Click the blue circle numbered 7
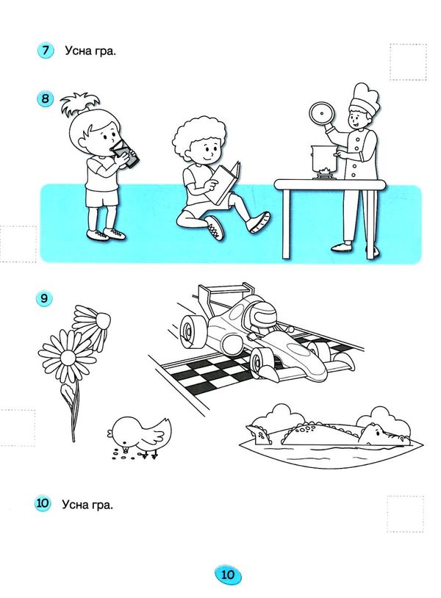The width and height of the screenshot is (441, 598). [46, 51]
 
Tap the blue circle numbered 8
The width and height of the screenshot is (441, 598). [46, 98]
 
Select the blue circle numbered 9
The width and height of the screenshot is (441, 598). [44, 298]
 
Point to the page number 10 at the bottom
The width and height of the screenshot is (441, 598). [228, 574]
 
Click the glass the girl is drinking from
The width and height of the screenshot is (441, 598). [126, 154]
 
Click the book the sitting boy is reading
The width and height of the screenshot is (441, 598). [226, 182]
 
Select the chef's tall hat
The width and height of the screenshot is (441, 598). [365, 98]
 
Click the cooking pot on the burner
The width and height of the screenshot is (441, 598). [325, 158]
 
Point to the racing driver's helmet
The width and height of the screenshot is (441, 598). [262, 314]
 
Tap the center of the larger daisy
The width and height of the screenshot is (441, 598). [68, 357]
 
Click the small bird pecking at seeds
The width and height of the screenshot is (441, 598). [140, 437]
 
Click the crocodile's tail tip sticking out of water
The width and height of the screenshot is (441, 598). [258, 434]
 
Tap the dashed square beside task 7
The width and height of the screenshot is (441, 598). [408, 62]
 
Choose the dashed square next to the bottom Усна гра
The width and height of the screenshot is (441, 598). [405, 514]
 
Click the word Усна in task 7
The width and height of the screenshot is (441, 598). [78, 51]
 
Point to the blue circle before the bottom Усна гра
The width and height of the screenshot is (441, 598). [43, 503]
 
